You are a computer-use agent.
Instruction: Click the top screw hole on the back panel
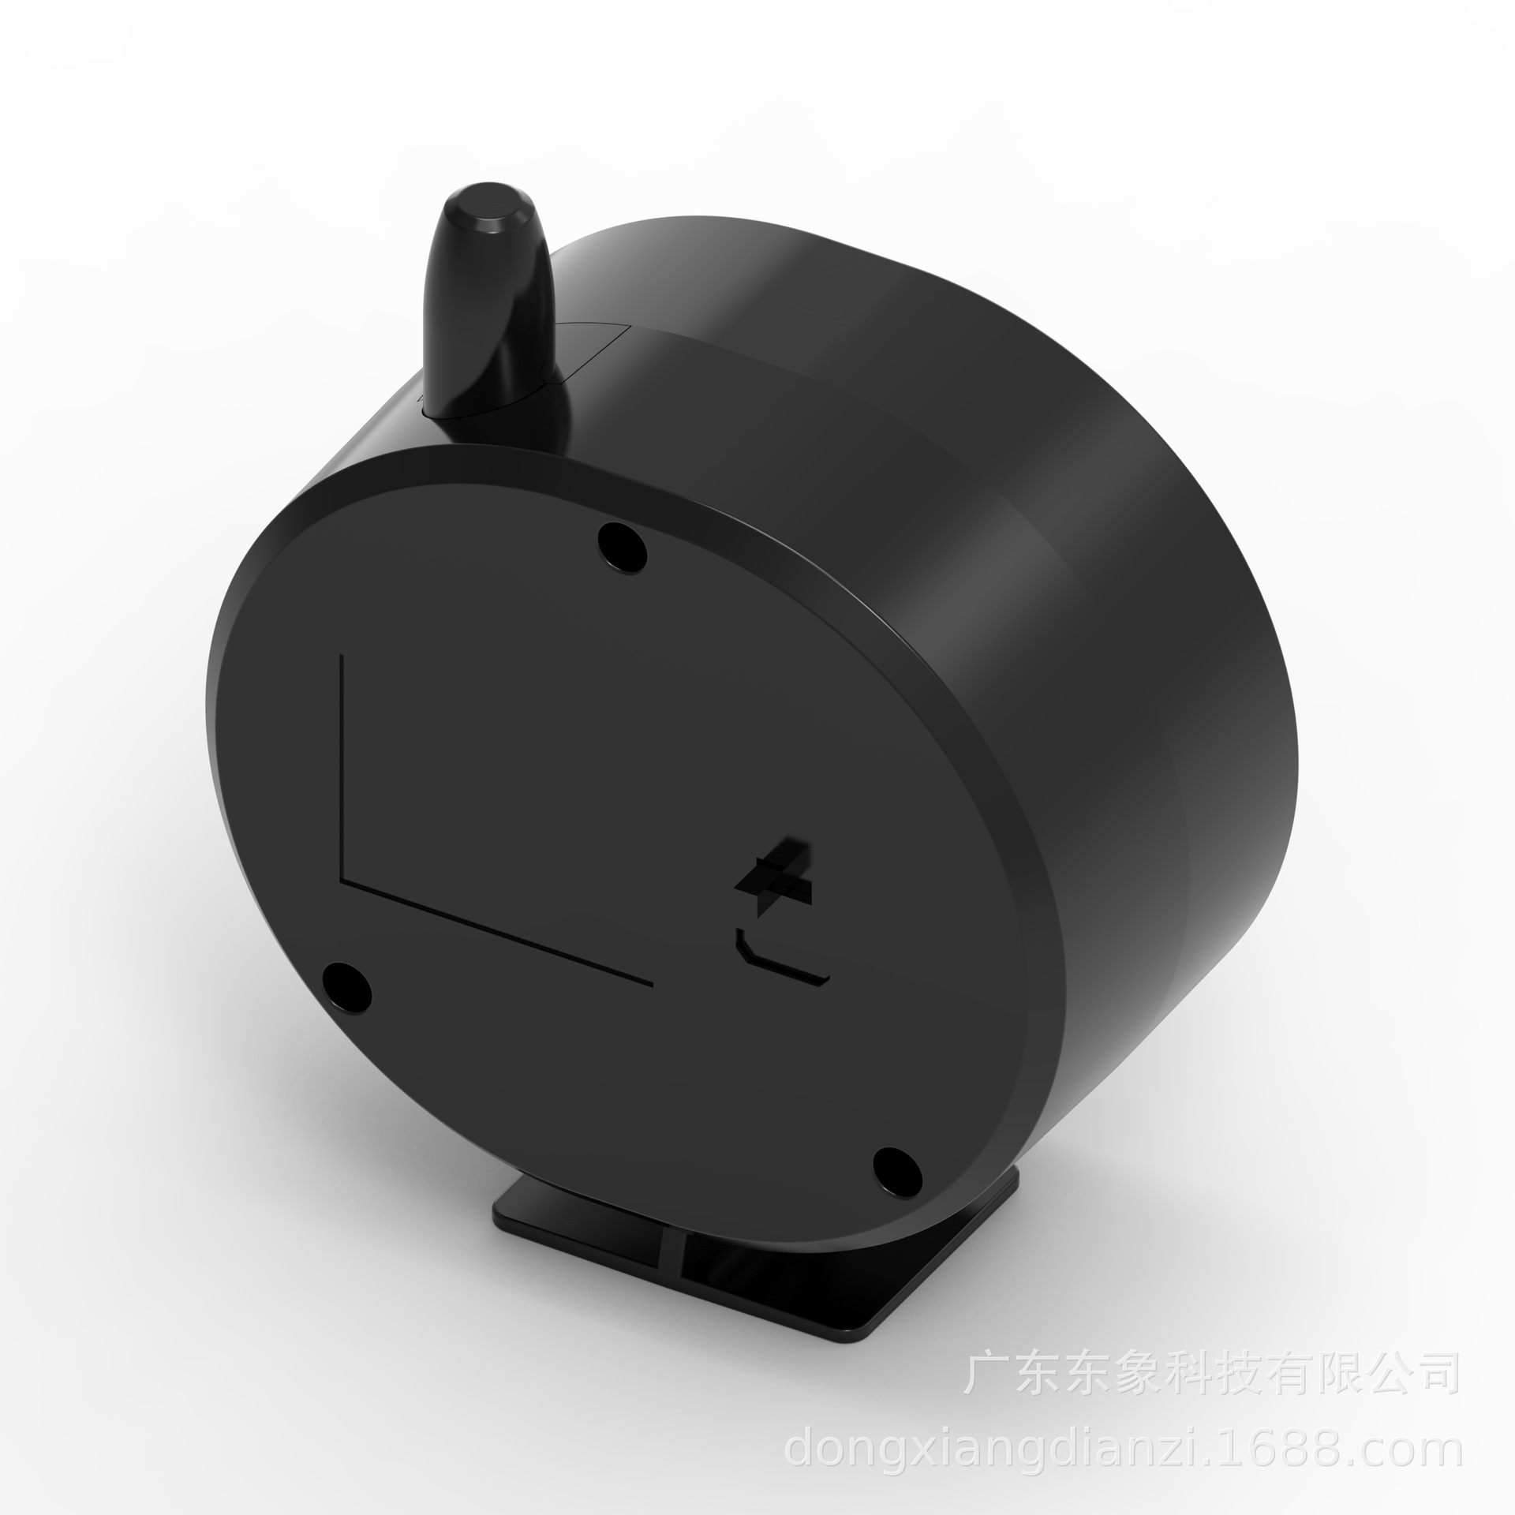[x=623, y=544]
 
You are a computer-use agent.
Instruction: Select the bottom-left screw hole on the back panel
[x=348, y=986]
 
